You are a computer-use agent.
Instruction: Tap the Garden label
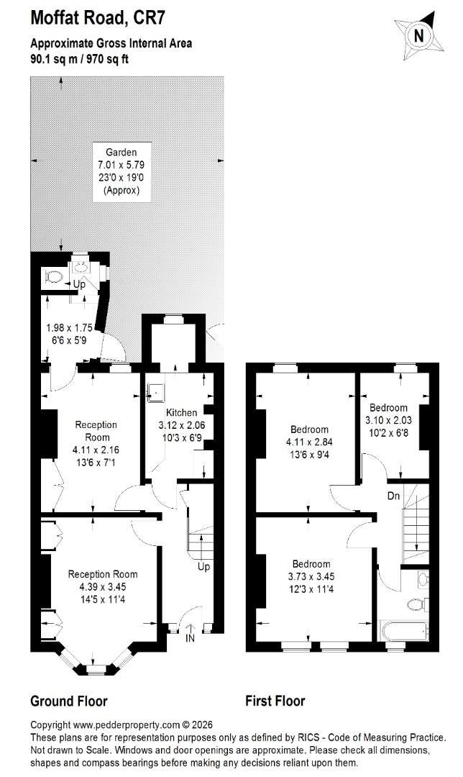(121, 153)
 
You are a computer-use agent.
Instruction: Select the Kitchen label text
(181, 413)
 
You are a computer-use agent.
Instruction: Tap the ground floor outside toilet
(52, 276)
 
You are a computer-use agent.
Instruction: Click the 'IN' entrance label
(190, 638)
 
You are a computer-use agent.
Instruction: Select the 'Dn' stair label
(394, 496)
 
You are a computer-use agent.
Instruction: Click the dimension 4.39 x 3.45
(102, 586)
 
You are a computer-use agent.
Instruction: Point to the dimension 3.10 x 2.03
(388, 420)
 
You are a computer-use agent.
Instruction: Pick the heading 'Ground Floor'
(69, 701)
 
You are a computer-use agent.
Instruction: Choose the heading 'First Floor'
(275, 701)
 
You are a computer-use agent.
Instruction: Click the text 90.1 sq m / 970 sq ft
(80, 60)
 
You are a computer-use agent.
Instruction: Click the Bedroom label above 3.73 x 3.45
(311, 564)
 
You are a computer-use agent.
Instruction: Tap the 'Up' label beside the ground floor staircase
(203, 568)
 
